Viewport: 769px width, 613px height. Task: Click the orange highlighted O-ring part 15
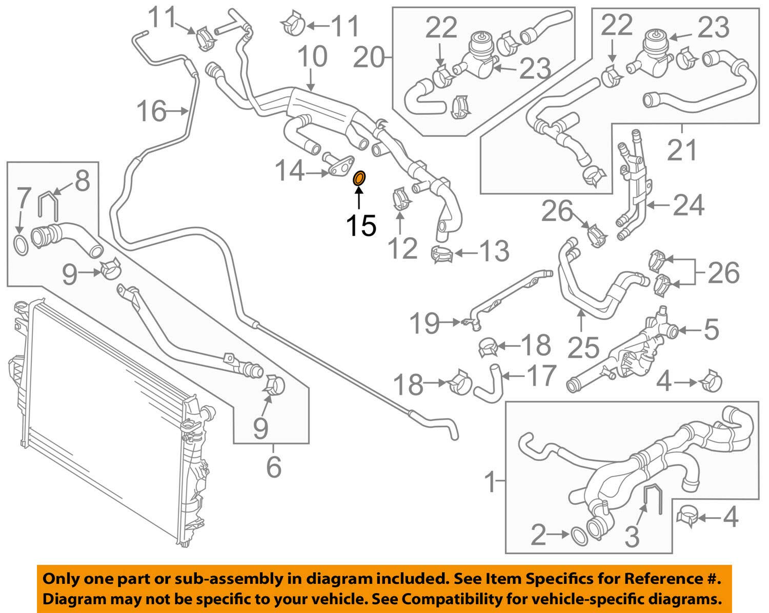360,178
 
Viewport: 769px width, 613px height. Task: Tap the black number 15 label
361,225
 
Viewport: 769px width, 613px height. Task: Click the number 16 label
152,111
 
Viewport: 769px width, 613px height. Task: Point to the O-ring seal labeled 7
19,245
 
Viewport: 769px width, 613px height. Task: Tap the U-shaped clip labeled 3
652,498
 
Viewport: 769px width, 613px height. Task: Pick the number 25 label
583,348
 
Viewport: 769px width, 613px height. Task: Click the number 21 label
683,150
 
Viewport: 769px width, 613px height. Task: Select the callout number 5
711,329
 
